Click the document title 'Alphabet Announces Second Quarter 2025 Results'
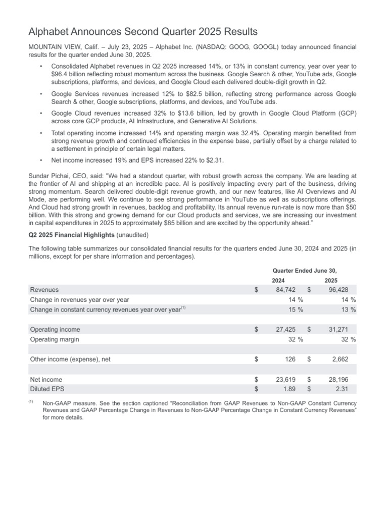[143, 32]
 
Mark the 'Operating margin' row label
[55, 339]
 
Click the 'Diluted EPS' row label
[47, 389]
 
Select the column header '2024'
[278, 280]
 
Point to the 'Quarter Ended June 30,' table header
[305, 270]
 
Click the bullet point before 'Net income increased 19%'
[40, 160]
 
